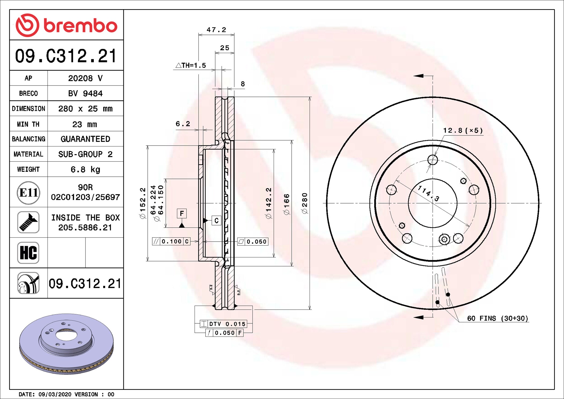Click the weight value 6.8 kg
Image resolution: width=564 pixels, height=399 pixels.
coord(85,169)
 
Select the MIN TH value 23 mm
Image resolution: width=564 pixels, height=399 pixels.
coord(85,124)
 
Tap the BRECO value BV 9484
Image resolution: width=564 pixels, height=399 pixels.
coord(85,93)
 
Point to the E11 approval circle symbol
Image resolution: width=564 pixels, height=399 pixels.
coord(28,193)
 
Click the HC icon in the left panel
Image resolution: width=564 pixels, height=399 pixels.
coord(28,253)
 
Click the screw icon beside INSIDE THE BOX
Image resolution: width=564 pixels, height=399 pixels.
coord(28,222)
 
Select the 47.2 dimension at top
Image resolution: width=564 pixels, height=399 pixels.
coord(216,30)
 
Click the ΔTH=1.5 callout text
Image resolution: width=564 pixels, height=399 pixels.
coord(191,65)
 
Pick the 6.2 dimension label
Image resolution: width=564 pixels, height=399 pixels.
coord(183,124)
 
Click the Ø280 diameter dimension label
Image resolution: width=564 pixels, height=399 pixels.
coord(305,203)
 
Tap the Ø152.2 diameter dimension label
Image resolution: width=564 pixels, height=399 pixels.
coord(143,203)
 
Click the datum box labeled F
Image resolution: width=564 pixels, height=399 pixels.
coord(182,213)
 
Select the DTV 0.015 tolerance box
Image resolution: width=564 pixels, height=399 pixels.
coord(223,324)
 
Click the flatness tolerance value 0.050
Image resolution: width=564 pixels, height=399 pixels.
coord(256,242)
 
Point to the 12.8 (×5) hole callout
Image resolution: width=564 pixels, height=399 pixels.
coord(463,131)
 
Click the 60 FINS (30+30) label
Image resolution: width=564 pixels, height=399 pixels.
coord(497,318)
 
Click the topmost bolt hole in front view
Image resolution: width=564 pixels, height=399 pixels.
coord(433,160)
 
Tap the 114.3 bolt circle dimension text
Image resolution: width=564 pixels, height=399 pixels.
coord(428,193)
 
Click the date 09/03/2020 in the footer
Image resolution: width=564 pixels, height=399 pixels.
coord(55,394)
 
